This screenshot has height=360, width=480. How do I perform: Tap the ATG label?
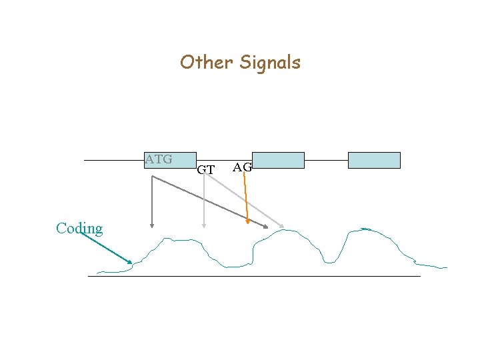tap(159, 159)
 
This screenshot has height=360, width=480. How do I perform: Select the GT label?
tap(206, 170)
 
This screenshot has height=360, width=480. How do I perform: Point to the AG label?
tap(242, 167)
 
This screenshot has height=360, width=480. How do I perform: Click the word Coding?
tap(79, 229)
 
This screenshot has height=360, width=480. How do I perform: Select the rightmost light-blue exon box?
tap(374, 160)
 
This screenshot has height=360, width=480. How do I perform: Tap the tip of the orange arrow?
tap(248, 223)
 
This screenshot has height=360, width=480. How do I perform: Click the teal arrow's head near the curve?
tap(131, 262)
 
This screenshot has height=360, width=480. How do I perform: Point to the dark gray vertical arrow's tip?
tap(153, 227)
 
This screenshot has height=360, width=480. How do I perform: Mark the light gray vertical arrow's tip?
tap(204, 227)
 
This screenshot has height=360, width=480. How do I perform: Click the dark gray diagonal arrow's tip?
tap(267, 228)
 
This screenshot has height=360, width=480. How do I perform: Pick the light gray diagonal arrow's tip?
tap(283, 228)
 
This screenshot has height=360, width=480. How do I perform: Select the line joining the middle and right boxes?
tap(326, 160)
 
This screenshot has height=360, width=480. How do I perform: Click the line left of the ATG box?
tap(113, 160)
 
